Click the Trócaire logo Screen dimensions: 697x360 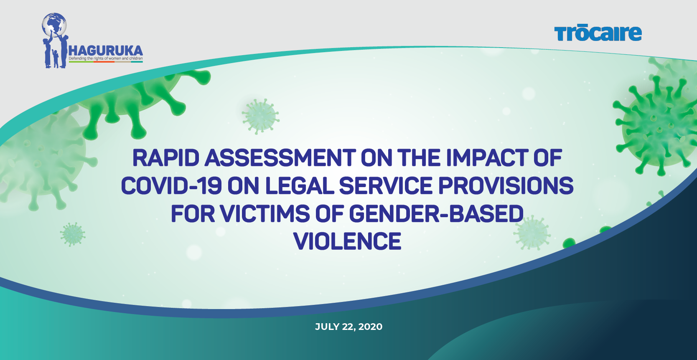coord(598,33)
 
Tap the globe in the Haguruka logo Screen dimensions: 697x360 coord(54,24)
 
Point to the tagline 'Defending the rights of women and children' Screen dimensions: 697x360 coord(106,58)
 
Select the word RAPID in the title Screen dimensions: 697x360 coord(166,157)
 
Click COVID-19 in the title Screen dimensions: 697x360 coord(171,185)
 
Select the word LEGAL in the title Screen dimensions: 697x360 coord(299,185)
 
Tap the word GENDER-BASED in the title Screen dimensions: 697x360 coord(436,213)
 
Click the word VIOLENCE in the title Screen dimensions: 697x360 coord(348,241)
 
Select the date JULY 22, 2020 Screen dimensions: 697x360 coord(348,327)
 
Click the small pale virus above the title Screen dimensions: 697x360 coord(261,117)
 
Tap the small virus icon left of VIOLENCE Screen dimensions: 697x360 coord(73,234)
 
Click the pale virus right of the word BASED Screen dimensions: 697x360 coord(532,233)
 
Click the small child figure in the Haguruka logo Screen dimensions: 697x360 coord(56,58)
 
